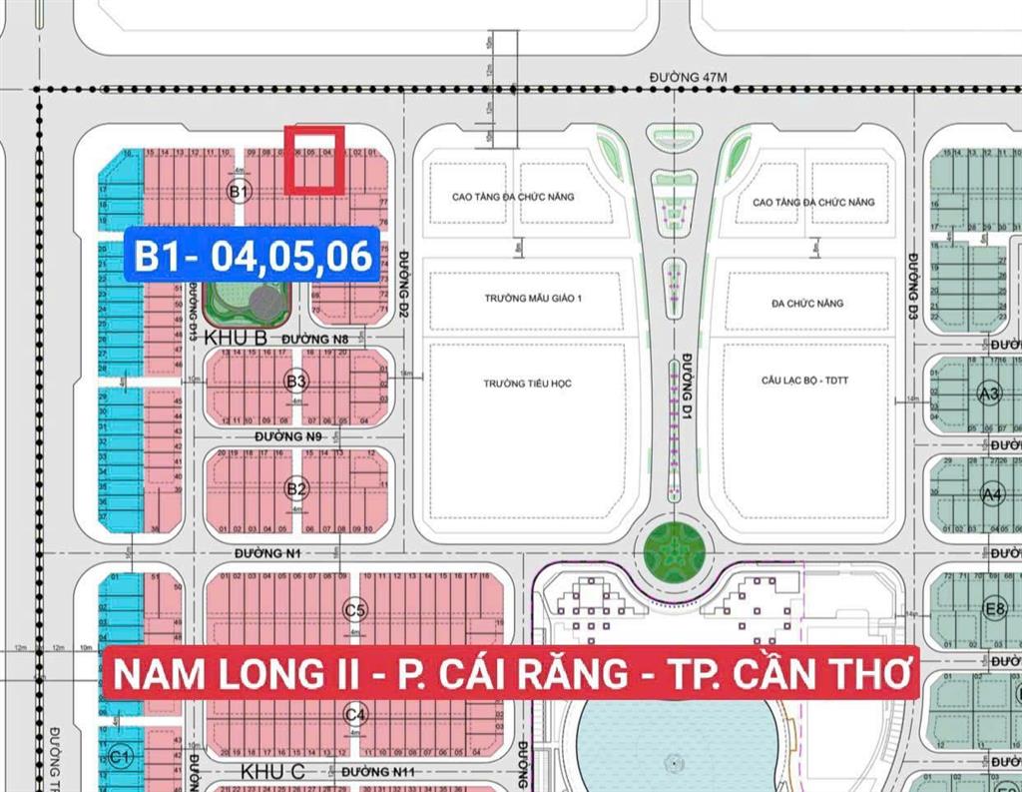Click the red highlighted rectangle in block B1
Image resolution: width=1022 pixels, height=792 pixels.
314,160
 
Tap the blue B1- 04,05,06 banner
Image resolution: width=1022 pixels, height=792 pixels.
254,256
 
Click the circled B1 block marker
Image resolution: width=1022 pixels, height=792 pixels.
239,191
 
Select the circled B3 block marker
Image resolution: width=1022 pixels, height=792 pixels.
296,382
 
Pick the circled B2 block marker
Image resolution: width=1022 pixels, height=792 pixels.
296,488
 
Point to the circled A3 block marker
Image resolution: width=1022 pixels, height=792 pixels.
991,394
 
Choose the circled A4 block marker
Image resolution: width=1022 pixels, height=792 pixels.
991,493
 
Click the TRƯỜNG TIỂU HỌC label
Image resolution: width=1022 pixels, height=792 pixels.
527,384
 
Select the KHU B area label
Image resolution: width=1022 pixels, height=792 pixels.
235,339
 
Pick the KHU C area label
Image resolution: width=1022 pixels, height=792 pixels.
272,771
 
